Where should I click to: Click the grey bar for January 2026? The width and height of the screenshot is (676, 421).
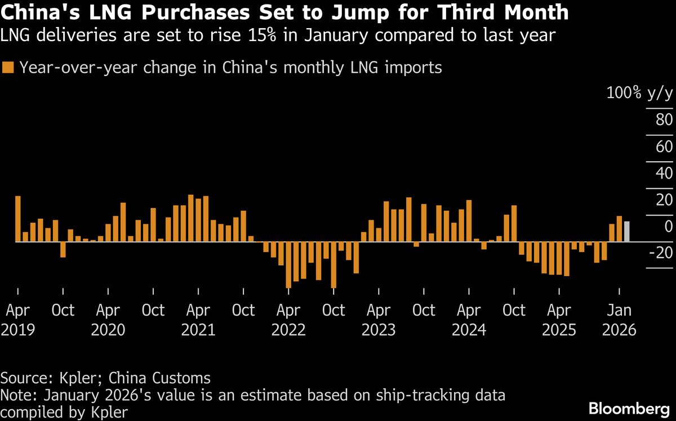626,232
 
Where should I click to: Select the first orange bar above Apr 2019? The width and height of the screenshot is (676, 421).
18,219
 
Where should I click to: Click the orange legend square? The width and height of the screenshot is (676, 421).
8,68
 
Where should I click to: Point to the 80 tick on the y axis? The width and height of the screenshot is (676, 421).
664,120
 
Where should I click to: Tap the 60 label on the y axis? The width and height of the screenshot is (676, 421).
664,147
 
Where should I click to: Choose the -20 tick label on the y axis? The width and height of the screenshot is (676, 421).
661,253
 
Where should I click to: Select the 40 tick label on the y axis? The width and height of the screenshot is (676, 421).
664,174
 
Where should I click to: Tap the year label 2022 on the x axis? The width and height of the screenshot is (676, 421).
288,330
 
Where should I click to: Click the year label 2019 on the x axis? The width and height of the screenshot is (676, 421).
18,330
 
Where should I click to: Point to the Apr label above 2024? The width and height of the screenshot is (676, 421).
469,311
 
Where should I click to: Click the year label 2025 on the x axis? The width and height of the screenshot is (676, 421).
559,330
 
